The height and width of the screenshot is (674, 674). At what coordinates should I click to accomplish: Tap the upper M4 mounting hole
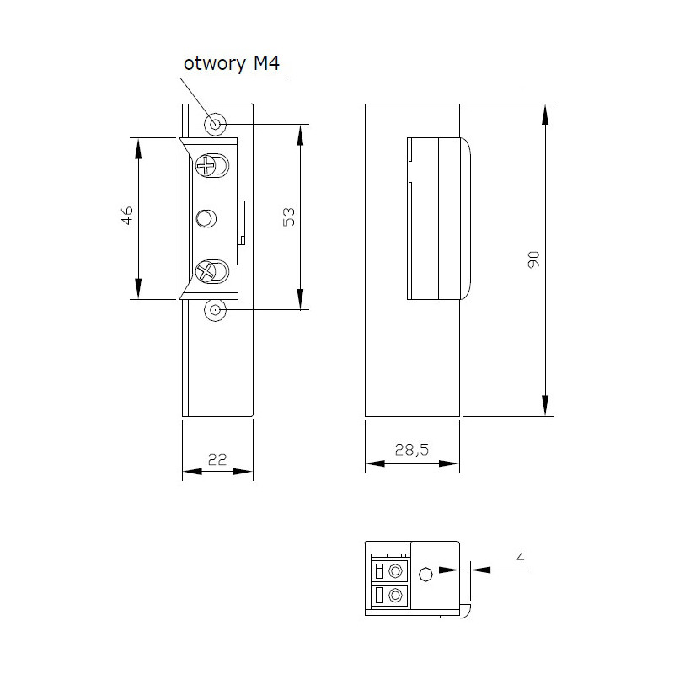pos(216,125)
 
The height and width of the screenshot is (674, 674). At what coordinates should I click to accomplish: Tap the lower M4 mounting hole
pos(216,310)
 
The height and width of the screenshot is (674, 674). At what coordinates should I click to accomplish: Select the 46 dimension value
pos(127,217)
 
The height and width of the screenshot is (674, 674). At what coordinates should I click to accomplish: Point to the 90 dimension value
pos(532,259)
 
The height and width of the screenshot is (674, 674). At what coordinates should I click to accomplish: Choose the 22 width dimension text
pos(217,459)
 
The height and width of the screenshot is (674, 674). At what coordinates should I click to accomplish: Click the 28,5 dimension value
pos(412,451)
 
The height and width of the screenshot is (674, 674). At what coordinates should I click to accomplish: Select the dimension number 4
pos(520,557)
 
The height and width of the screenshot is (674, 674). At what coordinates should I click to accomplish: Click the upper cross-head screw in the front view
pos(206,164)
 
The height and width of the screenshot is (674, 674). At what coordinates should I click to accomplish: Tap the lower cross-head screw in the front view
pos(206,271)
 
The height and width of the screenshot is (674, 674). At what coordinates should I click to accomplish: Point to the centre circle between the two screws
pos(206,219)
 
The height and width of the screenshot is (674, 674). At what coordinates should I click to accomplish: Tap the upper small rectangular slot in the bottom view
pos(378,570)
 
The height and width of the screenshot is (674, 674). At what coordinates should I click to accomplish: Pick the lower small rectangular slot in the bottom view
pos(378,596)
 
